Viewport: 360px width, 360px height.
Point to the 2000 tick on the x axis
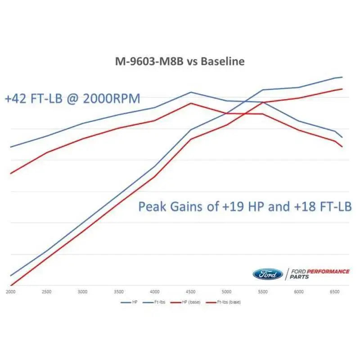click(10, 292)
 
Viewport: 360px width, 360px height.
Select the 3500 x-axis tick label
click(119, 292)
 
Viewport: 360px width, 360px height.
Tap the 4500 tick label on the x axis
click(191, 292)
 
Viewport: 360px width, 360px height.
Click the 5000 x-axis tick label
click(227, 292)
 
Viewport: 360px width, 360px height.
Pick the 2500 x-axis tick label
click(46, 292)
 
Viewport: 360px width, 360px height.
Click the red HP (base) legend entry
click(189, 302)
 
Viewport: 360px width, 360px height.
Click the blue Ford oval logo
click(267, 274)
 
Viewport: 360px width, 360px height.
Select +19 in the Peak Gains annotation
click(234, 207)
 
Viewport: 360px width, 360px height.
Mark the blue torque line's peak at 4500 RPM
click(191, 92)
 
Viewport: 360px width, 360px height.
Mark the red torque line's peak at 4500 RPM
click(191, 103)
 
